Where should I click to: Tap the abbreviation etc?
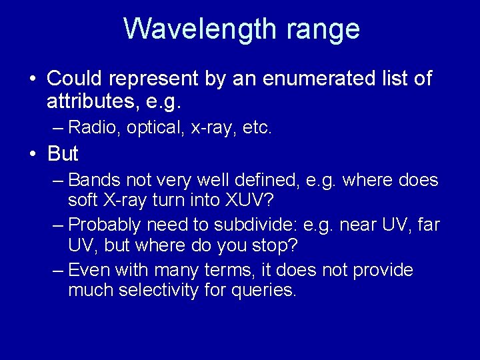coord(256,127)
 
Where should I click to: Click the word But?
coord(63,153)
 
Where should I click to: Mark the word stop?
coord(275,245)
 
